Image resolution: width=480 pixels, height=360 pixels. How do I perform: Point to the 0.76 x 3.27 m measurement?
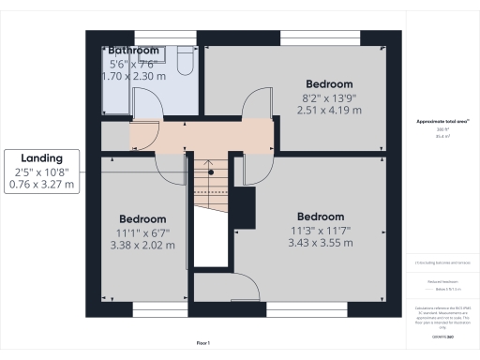coord(43,185)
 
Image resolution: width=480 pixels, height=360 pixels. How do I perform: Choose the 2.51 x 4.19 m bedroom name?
coord(328,83)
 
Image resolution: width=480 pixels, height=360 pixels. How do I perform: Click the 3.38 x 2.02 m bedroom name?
coord(142,218)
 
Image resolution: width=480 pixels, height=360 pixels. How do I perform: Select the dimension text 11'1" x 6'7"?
coord(142,232)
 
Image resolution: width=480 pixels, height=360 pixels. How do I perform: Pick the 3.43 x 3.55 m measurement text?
coord(322,243)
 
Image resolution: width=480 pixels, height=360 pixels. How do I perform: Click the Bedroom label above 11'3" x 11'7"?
coord(322,216)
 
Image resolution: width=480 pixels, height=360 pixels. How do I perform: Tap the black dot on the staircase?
coord(211,172)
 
